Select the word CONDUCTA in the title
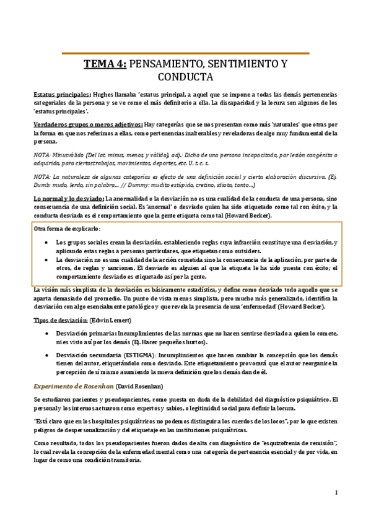pyautogui.click(x=186, y=77)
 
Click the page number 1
pyautogui.click(x=336, y=493)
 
